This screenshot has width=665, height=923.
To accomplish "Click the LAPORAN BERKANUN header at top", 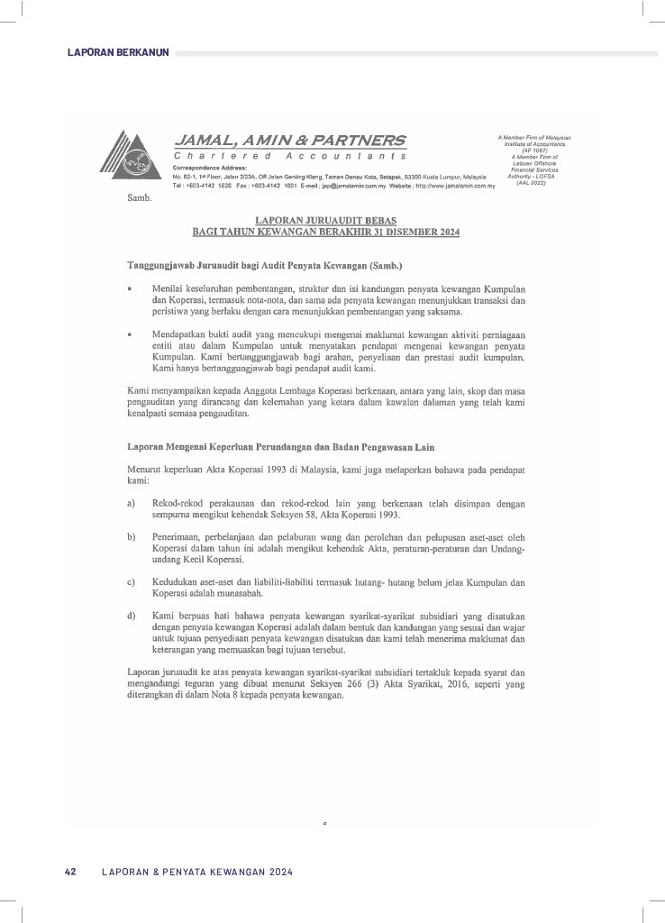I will click(x=118, y=52).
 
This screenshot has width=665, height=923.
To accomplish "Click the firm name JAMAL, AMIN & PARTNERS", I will click(x=289, y=141).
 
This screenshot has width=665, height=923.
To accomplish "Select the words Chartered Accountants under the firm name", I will click(x=283, y=156).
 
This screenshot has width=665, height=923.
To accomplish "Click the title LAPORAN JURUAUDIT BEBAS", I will click(x=326, y=221).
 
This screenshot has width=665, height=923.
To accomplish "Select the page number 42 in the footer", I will click(x=69, y=873).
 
